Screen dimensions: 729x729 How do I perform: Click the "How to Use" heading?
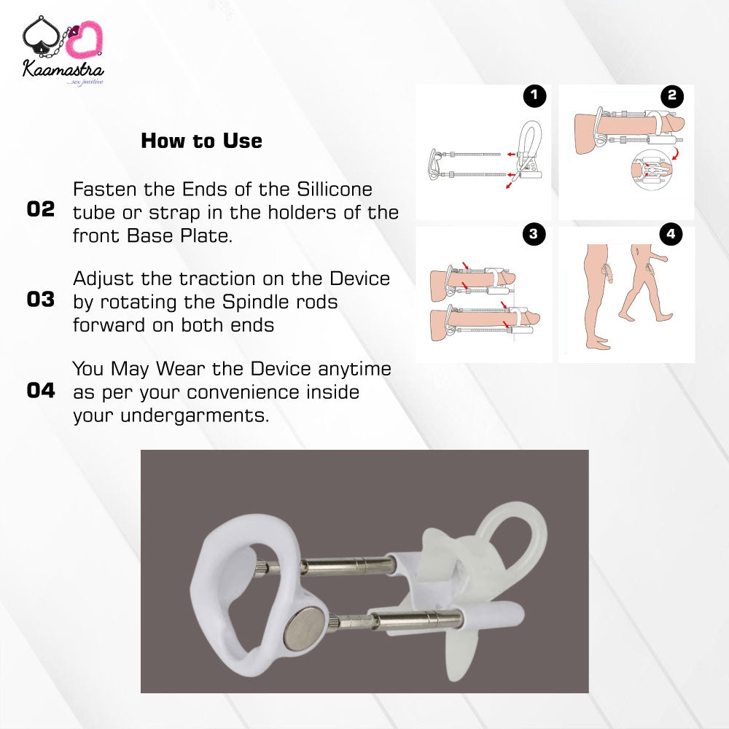[201, 141]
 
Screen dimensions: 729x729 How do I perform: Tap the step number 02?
[40, 209]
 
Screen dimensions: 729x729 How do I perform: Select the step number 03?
[40, 300]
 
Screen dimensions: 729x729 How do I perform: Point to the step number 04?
[40, 391]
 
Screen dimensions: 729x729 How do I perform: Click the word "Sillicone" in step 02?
[335, 190]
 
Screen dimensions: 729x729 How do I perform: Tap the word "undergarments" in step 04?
[194, 416]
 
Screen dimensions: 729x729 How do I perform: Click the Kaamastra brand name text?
[63, 70]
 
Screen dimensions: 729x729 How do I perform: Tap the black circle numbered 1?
[534, 95]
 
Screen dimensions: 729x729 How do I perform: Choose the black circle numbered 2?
[672, 95]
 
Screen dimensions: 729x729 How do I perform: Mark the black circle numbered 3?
[534, 234]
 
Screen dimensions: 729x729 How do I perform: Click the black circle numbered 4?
[671, 234]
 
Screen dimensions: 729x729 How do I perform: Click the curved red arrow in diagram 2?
[676, 153]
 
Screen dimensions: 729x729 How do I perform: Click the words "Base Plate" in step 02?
[179, 235]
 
